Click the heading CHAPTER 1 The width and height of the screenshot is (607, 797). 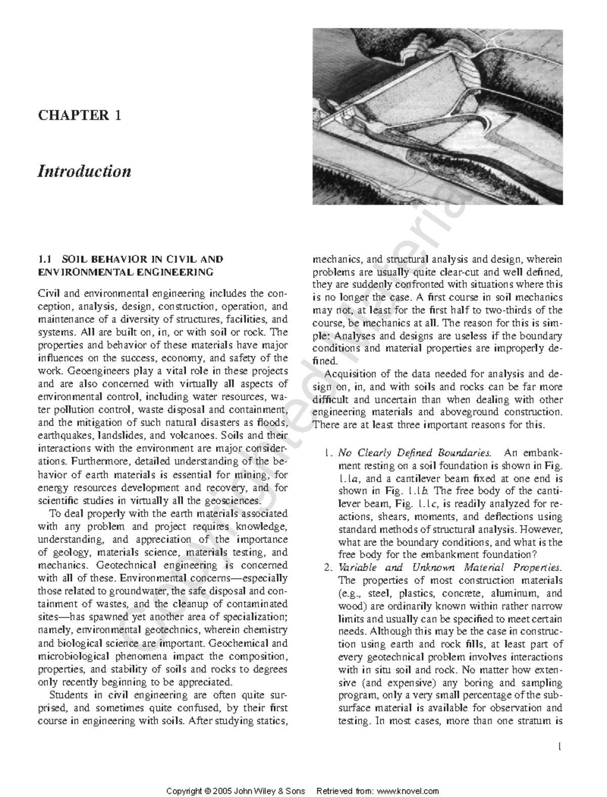(79, 115)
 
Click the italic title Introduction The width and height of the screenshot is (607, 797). (84, 171)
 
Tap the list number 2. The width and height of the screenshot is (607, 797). (327, 567)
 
